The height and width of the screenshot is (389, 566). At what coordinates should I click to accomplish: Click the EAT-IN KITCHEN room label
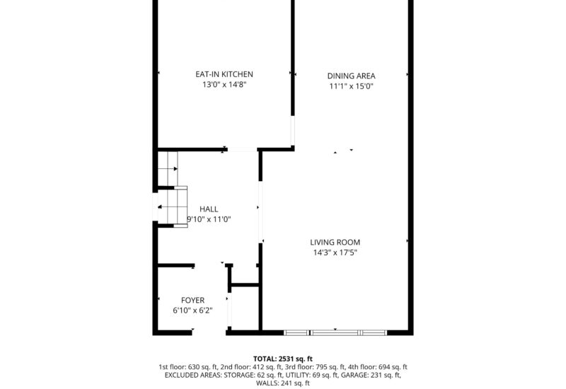224,74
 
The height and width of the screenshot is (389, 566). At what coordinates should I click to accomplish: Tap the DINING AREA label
351,76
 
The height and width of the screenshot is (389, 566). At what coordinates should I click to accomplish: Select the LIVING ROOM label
335,243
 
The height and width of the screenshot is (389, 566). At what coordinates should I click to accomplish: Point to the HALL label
209,209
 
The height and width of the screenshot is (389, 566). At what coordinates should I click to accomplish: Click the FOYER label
192,301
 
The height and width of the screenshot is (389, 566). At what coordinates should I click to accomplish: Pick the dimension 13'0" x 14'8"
224,85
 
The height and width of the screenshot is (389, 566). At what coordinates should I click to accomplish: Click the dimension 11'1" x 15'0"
351,87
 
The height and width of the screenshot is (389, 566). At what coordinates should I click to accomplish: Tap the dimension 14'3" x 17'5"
335,253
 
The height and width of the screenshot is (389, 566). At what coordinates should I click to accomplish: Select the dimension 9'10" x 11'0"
209,219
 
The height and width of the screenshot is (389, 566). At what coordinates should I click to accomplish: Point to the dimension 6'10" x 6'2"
192,310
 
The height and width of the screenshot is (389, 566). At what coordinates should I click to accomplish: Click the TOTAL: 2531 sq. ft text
282,359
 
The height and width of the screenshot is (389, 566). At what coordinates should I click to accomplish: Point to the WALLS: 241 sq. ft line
282,383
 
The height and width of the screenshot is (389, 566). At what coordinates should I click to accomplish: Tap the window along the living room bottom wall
335,332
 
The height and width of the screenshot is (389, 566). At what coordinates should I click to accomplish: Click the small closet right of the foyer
244,308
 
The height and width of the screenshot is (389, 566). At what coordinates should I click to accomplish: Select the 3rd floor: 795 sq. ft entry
314,367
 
